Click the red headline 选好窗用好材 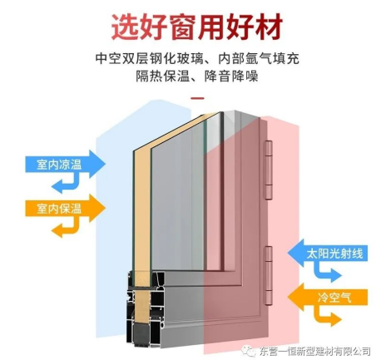197,27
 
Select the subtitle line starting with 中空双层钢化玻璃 197,58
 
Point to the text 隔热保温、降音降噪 197,76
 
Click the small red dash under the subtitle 198,98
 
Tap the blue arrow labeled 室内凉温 65,164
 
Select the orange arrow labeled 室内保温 65,208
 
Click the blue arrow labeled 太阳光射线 328,253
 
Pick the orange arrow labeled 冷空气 328,297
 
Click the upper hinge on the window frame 268,170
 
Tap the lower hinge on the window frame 268,275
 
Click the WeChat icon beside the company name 248,350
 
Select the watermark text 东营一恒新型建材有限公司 314,351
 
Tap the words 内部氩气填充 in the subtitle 259,58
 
